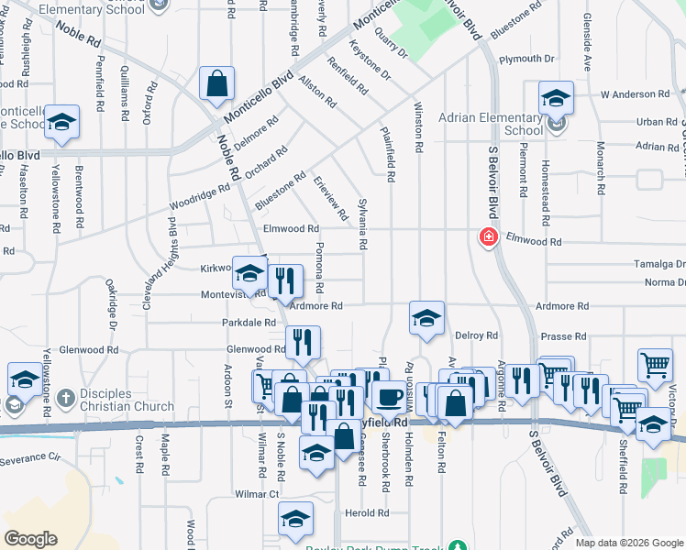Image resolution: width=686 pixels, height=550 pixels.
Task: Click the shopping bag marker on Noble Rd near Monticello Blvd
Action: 216,84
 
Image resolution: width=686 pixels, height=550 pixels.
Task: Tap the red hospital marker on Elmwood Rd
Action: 488,237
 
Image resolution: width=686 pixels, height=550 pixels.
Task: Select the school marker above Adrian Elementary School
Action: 556,98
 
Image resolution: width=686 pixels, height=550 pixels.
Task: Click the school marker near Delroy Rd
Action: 426,319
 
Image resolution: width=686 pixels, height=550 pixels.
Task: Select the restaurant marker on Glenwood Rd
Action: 303,344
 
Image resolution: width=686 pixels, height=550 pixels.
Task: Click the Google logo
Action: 32,539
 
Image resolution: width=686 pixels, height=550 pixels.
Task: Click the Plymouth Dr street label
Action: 527,60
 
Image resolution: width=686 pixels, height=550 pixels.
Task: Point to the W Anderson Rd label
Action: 635,93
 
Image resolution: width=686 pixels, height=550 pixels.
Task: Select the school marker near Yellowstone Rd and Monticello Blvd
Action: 61,123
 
